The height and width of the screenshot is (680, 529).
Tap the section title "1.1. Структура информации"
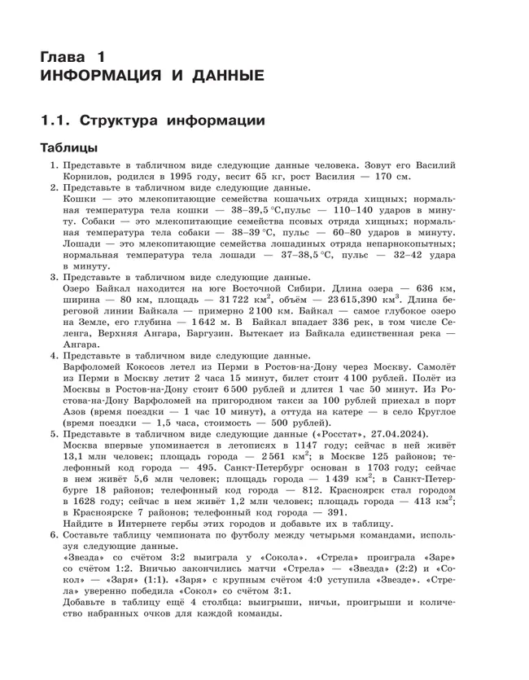[153, 121]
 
